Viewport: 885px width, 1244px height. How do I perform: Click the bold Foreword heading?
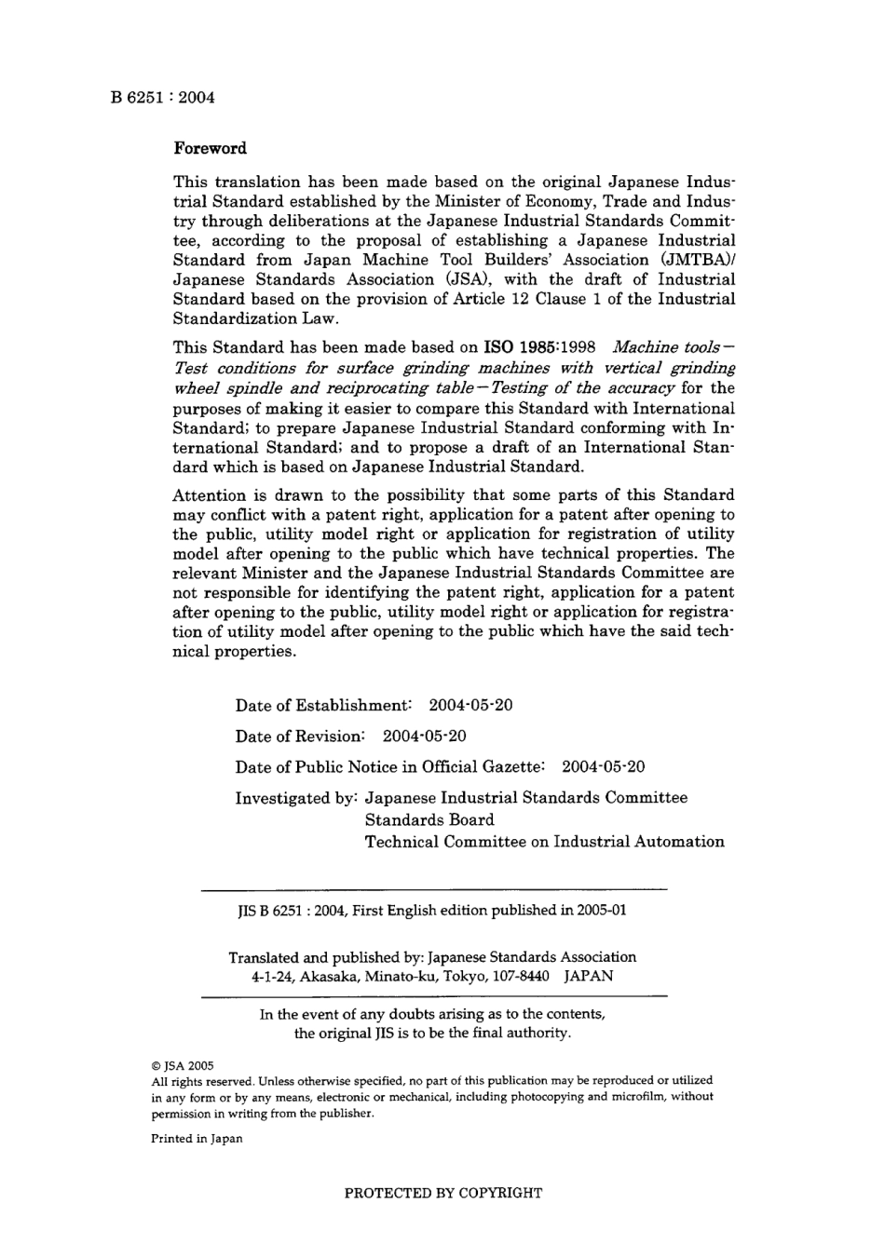tap(211, 149)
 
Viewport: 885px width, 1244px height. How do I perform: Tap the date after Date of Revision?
tap(425, 736)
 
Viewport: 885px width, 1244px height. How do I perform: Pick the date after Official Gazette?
tap(604, 767)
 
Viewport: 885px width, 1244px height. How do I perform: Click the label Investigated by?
tap(296, 798)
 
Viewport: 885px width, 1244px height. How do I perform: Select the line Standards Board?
tap(429, 820)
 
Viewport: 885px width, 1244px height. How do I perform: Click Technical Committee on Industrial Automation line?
tap(544, 842)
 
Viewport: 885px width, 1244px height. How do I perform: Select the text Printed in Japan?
tap(197, 1139)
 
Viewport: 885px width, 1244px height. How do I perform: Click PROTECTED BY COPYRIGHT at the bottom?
tap(443, 1193)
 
